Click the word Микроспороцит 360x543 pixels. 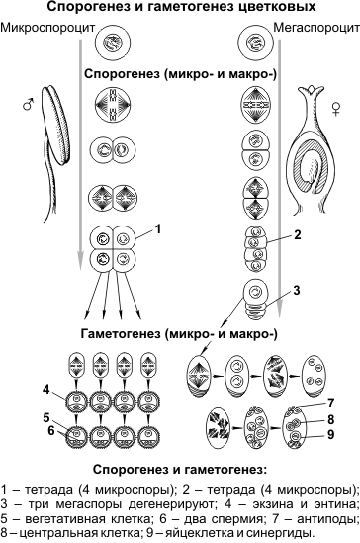point(47,28)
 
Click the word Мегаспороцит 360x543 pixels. point(316,28)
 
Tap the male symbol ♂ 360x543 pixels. point(29,104)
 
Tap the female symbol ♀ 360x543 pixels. point(335,109)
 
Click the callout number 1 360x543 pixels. point(158,229)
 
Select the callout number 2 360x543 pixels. point(297,235)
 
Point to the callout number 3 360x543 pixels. point(297,290)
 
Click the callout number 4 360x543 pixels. point(46,390)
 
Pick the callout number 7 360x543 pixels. point(331,403)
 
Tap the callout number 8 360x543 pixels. point(331,419)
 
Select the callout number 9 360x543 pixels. point(331,434)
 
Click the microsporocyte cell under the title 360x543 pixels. point(113,44)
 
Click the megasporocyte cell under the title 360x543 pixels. point(256,44)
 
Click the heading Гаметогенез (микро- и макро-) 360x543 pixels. point(179,334)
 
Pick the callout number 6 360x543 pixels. point(51,431)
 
